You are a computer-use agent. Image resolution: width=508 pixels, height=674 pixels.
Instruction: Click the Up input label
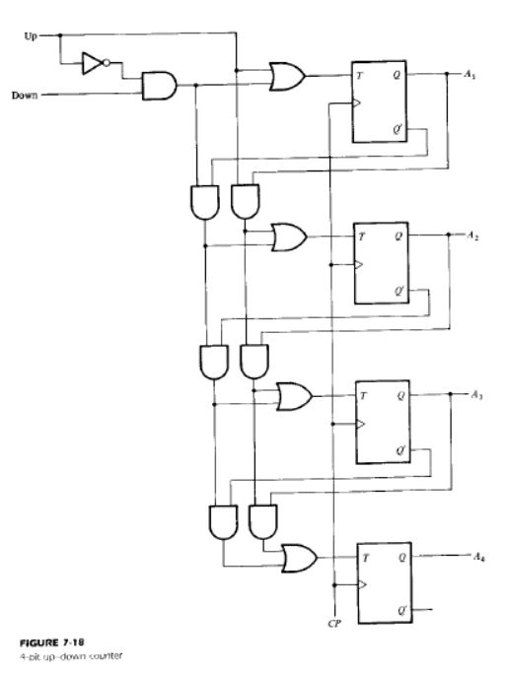[x=31, y=36]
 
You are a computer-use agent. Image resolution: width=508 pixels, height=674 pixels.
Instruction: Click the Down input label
[x=25, y=95]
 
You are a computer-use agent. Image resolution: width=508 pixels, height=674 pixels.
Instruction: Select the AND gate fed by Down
[x=159, y=86]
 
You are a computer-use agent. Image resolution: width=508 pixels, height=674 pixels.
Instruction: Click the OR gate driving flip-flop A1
[x=287, y=77]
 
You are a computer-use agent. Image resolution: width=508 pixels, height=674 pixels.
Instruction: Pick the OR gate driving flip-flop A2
[x=289, y=236]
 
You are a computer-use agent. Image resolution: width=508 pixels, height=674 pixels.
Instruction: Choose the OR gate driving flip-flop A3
[x=295, y=396]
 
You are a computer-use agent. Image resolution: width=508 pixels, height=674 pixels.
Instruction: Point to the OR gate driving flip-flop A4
[x=300, y=558]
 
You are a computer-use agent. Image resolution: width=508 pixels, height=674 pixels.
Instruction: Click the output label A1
[x=470, y=74]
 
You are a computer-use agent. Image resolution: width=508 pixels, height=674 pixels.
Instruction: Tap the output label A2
[x=472, y=236]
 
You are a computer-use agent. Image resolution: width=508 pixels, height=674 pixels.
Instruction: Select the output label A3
[x=476, y=394]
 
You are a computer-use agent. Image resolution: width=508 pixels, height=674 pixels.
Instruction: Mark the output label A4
[x=479, y=557]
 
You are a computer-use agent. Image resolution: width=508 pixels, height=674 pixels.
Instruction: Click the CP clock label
[x=334, y=623]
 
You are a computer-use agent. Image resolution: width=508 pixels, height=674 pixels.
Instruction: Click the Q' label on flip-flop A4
[x=402, y=610]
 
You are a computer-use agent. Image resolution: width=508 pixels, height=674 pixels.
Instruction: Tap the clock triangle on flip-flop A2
[x=359, y=265]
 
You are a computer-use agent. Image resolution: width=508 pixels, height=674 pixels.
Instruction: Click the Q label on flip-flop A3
[x=400, y=395]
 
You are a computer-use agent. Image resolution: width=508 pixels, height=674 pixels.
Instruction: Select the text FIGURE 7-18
[x=51, y=642]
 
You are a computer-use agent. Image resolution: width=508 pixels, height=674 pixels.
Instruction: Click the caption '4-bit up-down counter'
[x=71, y=656]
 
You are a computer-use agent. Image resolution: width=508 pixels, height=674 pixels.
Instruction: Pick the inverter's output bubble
[x=107, y=63]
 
